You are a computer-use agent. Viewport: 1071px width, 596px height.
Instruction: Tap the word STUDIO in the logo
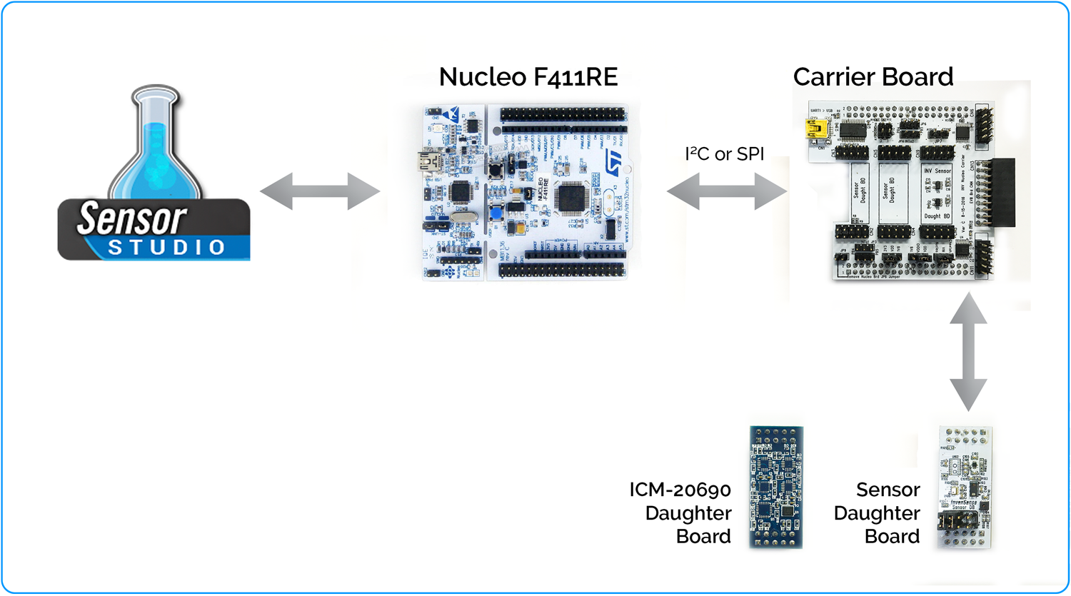coord(166,248)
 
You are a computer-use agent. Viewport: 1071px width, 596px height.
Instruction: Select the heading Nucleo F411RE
coord(528,77)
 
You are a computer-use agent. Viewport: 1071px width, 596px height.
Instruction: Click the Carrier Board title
coord(873,77)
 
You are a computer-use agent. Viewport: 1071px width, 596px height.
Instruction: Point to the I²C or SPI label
coord(724,154)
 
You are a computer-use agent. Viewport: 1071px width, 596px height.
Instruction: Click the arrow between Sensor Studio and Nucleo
coord(319,191)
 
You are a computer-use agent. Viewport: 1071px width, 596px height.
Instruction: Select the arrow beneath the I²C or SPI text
coord(727,191)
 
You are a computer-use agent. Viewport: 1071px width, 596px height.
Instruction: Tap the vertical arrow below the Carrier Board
coord(968,353)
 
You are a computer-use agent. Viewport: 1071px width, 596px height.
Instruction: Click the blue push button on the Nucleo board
coord(495,214)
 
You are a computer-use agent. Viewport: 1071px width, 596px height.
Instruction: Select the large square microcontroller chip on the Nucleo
coord(573,197)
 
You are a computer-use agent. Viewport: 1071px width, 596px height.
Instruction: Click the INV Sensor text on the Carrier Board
coord(937,171)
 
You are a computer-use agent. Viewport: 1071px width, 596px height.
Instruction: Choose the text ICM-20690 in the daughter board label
coord(680,490)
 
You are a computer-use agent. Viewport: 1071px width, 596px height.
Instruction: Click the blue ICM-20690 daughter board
coord(776,487)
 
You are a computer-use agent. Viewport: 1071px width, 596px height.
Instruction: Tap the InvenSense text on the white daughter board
coord(963,502)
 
